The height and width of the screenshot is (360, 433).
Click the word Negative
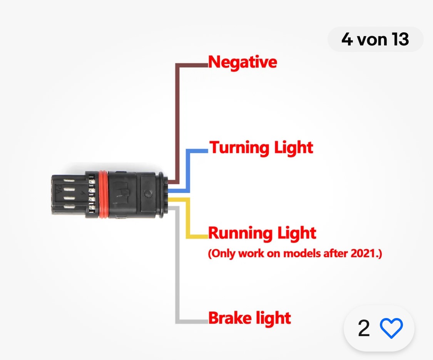(x=242, y=62)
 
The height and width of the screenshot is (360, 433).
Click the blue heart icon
(x=391, y=328)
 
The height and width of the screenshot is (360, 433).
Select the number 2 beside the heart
(x=364, y=328)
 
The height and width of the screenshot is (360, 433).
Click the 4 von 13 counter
(x=375, y=39)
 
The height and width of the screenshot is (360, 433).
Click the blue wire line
(x=188, y=169)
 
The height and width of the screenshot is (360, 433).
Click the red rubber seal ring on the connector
(x=103, y=194)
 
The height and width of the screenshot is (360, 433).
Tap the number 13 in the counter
(x=400, y=39)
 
